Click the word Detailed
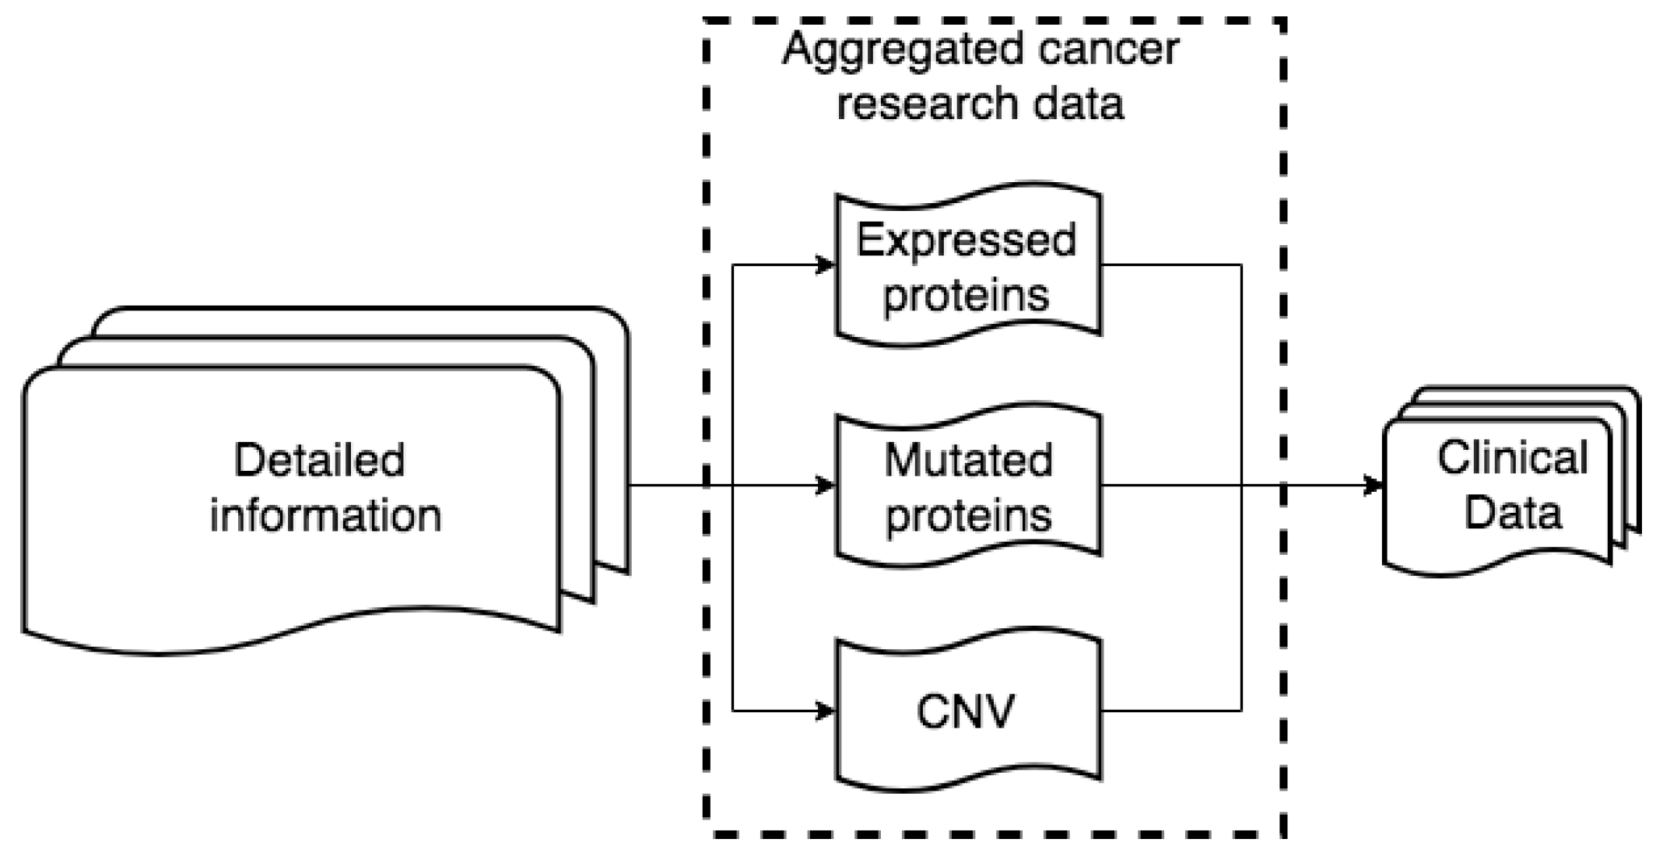319,460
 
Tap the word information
325,515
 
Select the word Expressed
966,241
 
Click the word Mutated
968,460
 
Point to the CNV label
966,711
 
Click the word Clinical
1512,457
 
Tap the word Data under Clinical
1512,513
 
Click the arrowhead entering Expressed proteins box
826,265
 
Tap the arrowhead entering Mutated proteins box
826,486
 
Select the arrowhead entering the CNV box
826,711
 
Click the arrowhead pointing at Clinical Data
1374,486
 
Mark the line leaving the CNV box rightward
1171,711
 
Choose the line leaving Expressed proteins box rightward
1171,265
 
